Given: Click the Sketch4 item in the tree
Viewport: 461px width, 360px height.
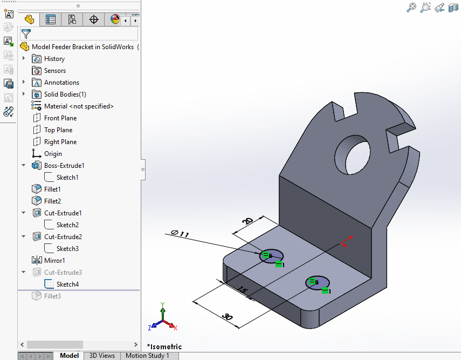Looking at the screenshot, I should (x=67, y=284).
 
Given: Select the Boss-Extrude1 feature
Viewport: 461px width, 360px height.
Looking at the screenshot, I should (x=64, y=166).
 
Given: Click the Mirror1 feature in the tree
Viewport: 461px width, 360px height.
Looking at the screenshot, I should (x=54, y=261).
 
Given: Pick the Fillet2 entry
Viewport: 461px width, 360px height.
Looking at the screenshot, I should (x=52, y=201).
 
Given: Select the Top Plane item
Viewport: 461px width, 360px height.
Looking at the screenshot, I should (x=58, y=130).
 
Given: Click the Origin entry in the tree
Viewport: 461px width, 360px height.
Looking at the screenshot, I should (x=53, y=154).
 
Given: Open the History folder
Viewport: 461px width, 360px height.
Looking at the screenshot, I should (x=54, y=59).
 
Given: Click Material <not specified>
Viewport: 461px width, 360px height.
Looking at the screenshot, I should (x=79, y=106).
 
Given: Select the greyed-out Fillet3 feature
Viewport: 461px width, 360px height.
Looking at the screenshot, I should (x=52, y=296).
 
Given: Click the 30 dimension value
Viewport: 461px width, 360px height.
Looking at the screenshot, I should (x=228, y=317).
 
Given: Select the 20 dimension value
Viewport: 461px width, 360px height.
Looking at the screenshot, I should (x=247, y=221).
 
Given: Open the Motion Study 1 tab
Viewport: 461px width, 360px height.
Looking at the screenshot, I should (x=147, y=356).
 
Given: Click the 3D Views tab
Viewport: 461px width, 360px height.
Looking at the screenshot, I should (x=102, y=356).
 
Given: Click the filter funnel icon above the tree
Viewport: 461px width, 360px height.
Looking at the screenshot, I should (x=25, y=34).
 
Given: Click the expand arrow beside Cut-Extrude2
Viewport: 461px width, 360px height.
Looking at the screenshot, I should (x=24, y=237).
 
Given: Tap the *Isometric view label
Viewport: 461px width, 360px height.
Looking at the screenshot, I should (x=164, y=347).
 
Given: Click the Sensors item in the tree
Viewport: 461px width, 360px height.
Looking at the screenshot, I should (x=54, y=71).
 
